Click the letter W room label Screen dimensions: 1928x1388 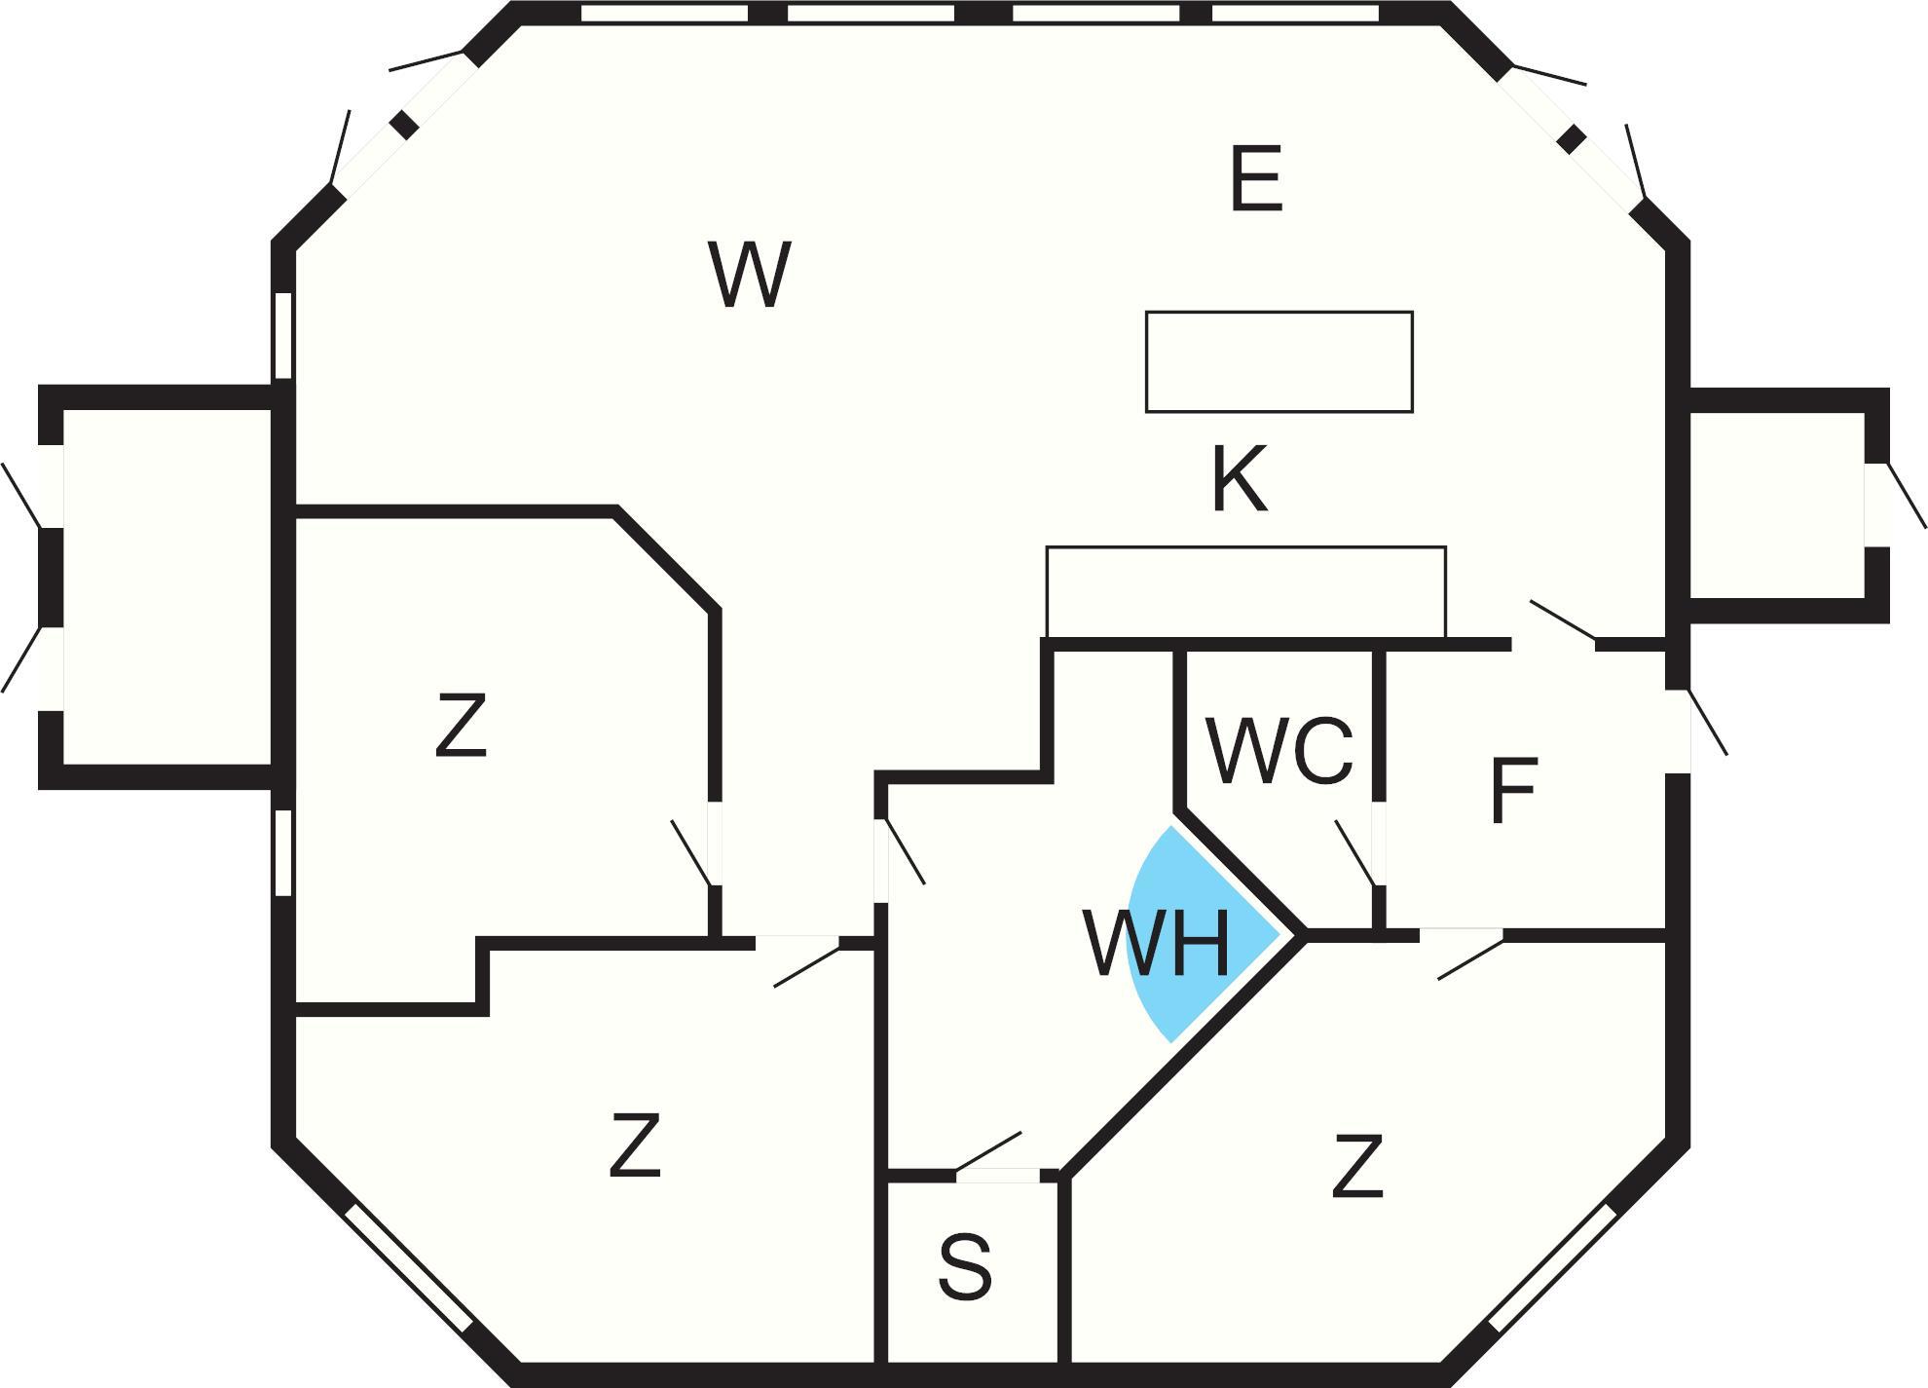coord(749,275)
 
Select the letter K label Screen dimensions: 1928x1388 coord(1240,478)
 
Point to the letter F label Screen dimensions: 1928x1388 coord(1513,791)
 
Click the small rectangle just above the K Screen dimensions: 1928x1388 coord(1279,361)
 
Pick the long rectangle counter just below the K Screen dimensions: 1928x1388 coord(1245,592)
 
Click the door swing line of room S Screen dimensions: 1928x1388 coord(988,1151)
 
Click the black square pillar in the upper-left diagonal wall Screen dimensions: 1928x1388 coord(405,126)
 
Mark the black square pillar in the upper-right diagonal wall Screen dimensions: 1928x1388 coord(1570,139)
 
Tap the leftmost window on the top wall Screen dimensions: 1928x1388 coord(664,13)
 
